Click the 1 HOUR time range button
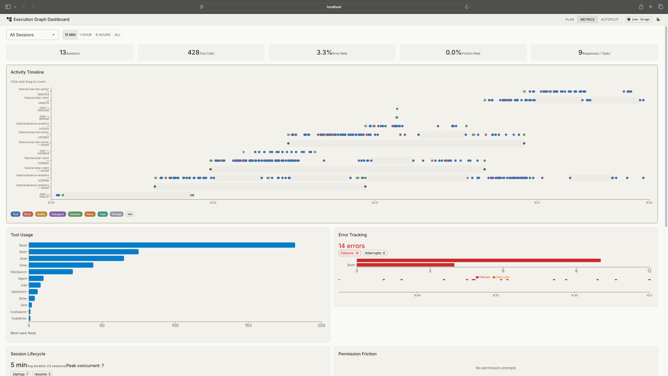coord(86,35)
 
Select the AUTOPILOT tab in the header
coord(610,19)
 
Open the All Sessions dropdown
coord(32,35)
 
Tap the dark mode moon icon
coord(658,19)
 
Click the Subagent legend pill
coord(57,214)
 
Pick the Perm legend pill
coord(90,214)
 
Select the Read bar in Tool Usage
coord(162,245)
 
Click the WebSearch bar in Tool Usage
coord(51,272)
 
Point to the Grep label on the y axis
coord(23,265)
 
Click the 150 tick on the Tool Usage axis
coord(248,325)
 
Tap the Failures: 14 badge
coord(349,253)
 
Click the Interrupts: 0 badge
coord(375,253)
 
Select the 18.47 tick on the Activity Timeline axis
coord(375,203)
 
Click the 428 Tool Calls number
coord(193,52)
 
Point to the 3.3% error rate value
coord(324,52)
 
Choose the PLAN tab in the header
coord(570,19)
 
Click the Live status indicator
coord(638,19)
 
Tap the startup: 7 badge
coord(20,374)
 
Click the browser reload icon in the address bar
coord(467,7)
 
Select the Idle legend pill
coord(130,214)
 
